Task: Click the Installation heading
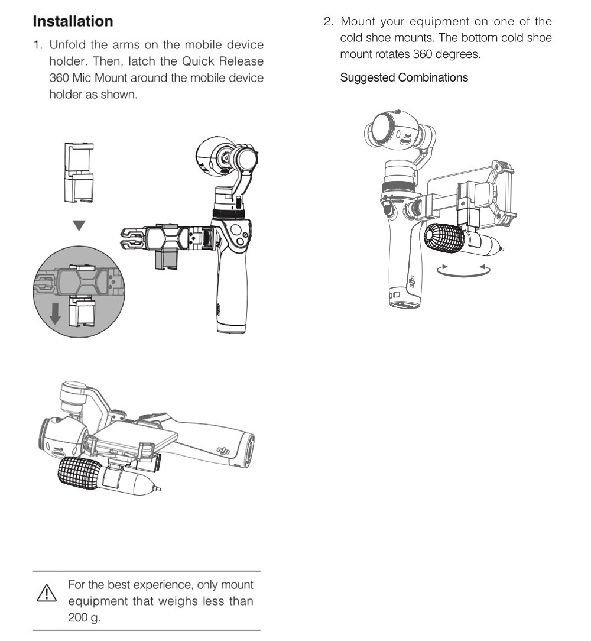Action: point(73,22)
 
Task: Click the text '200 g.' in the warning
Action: point(84,617)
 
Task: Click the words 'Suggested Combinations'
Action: point(404,77)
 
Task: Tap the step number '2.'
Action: point(329,22)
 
